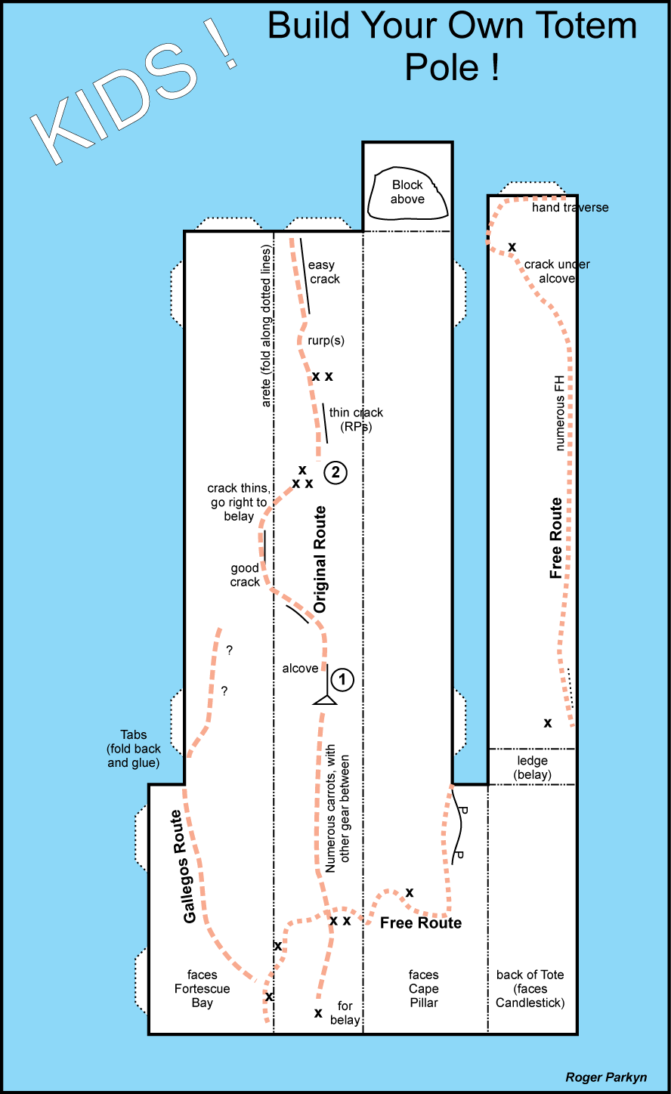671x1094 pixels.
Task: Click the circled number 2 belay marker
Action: (x=335, y=473)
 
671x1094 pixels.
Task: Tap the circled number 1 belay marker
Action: (x=342, y=679)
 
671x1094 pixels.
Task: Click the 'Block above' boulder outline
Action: (x=407, y=194)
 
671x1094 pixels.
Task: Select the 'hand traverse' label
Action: (x=570, y=208)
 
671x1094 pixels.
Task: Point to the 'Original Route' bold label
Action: (x=320, y=559)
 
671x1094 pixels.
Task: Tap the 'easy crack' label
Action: (x=323, y=272)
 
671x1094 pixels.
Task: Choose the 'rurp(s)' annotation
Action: (x=326, y=340)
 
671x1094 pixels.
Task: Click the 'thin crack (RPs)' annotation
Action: (x=356, y=420)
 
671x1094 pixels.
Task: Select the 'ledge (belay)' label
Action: (x=532, y=768)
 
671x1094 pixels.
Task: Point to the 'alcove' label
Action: (x=300, y=669)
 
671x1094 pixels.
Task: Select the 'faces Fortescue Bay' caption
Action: (x=202, y=989)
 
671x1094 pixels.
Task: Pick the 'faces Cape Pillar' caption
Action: (x=423, y=989)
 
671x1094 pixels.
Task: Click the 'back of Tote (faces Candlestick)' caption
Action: (x=530, y=989)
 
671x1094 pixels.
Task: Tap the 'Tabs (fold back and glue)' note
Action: (x=133, y=749)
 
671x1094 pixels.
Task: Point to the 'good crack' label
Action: (x=245, y=575)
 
